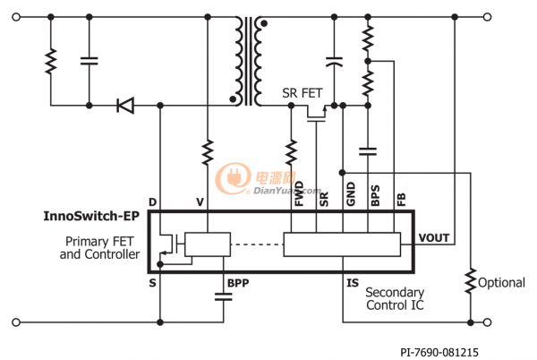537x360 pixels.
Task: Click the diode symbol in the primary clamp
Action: (x=125, y=105)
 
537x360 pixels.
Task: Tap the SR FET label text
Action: (x=303, y=93)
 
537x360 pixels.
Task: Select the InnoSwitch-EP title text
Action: (x=91, y=216)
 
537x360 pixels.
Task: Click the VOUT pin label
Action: (x=433, y=237)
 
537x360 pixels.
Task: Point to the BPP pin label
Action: (x=238, y=283)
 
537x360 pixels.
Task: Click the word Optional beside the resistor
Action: (x=501, y=283)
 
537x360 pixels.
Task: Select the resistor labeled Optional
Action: (x=471, y=281)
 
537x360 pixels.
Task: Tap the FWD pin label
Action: (x=299, y=193)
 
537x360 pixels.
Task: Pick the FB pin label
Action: (x=401, y=200)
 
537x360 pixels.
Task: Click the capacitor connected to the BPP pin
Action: (x=223, y=296)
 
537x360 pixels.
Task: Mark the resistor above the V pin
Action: (x=208, y=152)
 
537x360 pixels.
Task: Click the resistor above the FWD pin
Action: (x=291, y=152)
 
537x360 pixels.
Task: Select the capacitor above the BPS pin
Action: (x=368, y=151)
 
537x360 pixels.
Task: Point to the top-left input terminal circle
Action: (x=16, y=17)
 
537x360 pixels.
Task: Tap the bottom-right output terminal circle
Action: (x=488, y=322)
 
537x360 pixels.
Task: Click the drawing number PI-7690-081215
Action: (x=439, y=352)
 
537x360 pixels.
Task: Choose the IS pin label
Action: (x=353, y=283)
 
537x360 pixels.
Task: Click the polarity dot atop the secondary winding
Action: (x=264, y=23)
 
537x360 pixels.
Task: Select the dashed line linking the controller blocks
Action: (x=257, y=244)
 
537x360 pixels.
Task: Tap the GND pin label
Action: (x=351, y=193)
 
